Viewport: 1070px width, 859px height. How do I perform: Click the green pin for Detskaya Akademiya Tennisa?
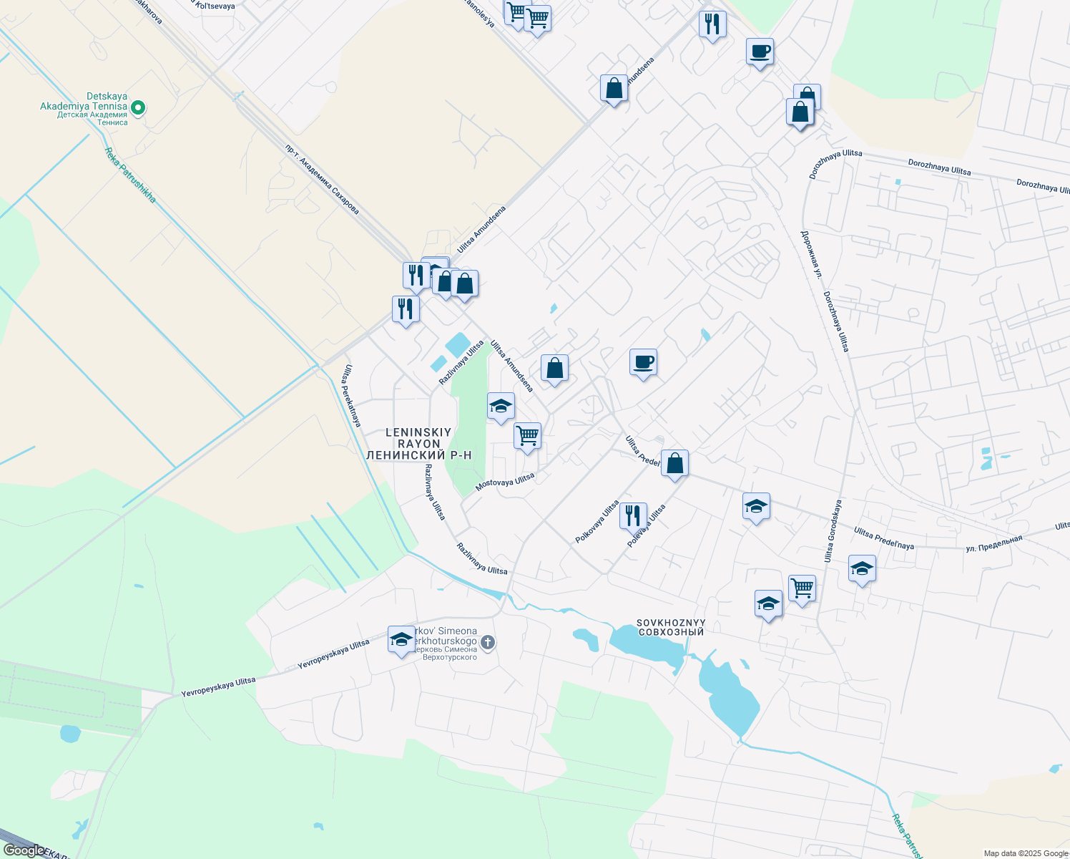(x=139, y=108)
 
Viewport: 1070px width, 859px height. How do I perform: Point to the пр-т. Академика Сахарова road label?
(x=322, y=180)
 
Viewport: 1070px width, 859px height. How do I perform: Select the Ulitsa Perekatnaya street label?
(x=351, y=396)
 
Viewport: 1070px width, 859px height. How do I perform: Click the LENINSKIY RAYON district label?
(x=418, y=438)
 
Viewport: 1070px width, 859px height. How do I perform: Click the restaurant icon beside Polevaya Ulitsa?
(x=633, y=515)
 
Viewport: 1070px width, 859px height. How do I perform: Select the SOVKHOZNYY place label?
(x=671, y=623)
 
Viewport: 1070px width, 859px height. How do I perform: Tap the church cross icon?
(x=488, y=642)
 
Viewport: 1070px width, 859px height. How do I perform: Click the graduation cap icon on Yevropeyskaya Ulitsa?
(x=401, y=639)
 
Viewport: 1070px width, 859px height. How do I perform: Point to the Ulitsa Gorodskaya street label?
(x=833, y=530)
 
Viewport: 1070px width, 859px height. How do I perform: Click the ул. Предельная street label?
(x=994, y=543)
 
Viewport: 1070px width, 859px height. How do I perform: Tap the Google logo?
(x=24, y=850)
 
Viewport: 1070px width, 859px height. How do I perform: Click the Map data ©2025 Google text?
(x=1026, y=853)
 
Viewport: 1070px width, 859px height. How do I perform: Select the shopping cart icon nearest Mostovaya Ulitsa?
(x=527, y=435)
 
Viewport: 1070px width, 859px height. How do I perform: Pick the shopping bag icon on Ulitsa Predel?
(x=674, y=463)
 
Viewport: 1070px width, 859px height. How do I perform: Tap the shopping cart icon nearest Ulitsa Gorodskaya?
(x=802, y=588)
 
